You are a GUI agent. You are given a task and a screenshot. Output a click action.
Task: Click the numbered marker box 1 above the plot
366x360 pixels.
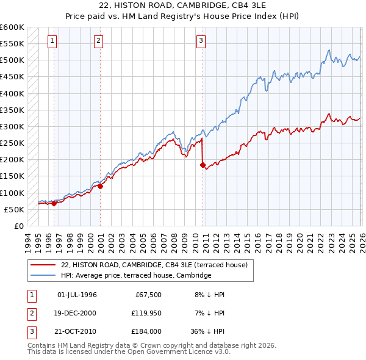(53, 41)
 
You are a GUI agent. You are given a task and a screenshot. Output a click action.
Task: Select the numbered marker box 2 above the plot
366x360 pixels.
(99, 41)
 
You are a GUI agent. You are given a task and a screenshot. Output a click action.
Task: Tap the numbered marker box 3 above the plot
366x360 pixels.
(201, 41)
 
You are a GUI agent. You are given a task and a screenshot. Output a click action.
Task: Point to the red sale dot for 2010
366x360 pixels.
(203, 165)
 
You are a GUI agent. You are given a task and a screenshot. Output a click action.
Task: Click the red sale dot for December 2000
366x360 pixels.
(100, 186)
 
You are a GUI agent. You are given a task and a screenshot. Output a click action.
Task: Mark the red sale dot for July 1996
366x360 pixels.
(54, 204)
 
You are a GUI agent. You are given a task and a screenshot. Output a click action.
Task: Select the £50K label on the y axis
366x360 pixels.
(14, 209)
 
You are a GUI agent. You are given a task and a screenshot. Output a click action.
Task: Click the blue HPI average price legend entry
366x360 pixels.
(135, 275)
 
